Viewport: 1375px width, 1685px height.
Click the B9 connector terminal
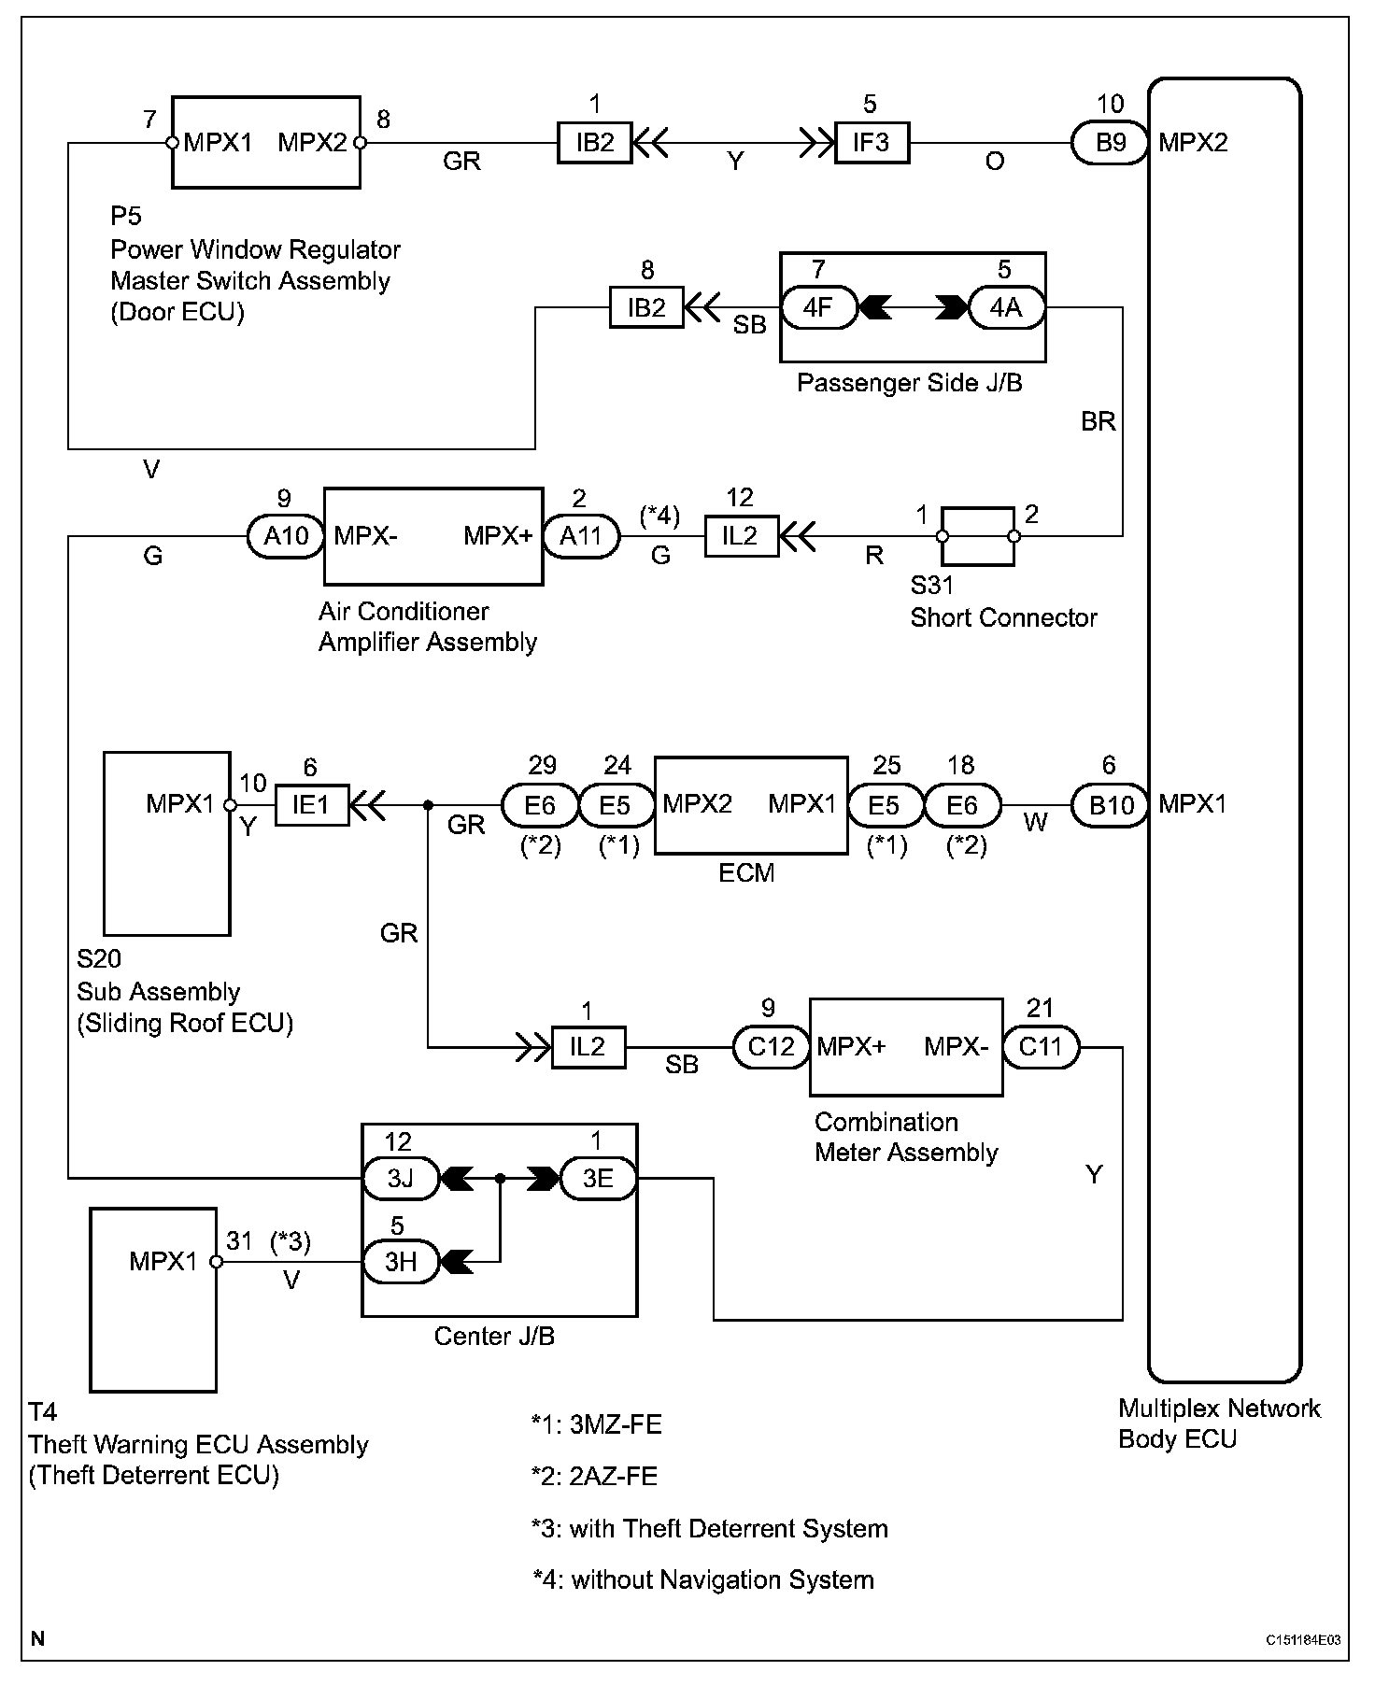pyautogui.click(x=1110, y=144)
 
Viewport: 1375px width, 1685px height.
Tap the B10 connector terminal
pyautogui.click(x=1110, y=805)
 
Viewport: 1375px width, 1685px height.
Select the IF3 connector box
pyautogui.click(x=872, y=144)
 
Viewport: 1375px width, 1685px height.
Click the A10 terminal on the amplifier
pyautogui.click(x=287, y=536)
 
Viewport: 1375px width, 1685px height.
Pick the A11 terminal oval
pyautogui.click(x=581, y=536)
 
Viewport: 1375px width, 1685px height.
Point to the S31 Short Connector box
pyautogui.click(x=978, y=536)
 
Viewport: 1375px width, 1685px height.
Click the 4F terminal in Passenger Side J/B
pyautogui.click(x=819, y=306)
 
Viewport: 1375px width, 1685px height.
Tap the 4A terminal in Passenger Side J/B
pyautogui.click(x=1006, y=306)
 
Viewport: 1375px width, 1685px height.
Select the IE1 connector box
pyautogui.click(x=312, y=804)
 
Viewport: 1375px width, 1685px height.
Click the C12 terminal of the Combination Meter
pyautogui.click(x=771, y=1047)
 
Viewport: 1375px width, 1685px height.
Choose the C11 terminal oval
pyautogui.click(x=1041, y=1047)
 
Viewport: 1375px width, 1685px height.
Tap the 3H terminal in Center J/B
pyautogui.click(x=401, y=1262)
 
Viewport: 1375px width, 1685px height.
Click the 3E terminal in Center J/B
pyautogui.click(x=598, y=1179)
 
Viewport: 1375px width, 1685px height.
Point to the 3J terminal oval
pyautogui.click(x=401, y=1179)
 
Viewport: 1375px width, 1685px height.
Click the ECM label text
pyautogui.click(x=746, y=873)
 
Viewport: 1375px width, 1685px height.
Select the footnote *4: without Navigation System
pyautogui.click(x=703, y=1579)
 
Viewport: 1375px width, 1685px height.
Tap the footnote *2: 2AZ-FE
pyautogui.click(x=594, y=1476)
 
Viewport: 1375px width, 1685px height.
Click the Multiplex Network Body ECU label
pyautogui.click(x=1219, y=1423)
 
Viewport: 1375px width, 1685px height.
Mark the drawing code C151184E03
pyautogui.click(x=1304, y=1640)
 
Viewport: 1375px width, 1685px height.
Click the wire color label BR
pyautogui.click(x=1099, y=422)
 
